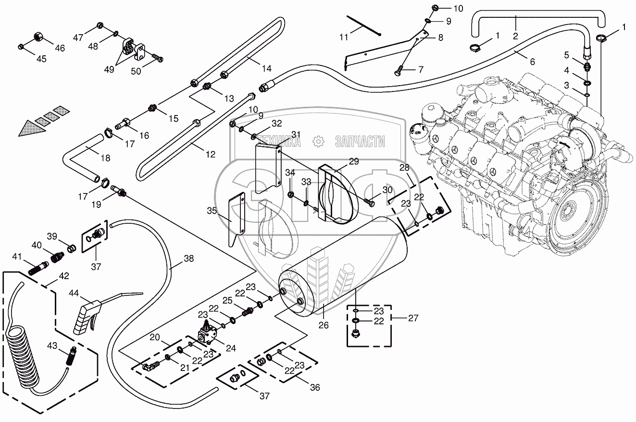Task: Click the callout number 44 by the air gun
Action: pos(74,293)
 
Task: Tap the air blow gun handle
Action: pos(85,318)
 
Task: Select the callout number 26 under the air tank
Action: pos(324,325)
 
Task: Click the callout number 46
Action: pos(60,48)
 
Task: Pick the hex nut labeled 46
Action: pos(38,37)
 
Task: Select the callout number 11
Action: pos(344,37)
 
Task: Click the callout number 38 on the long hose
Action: pos(189,258)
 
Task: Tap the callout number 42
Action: pos(64,276)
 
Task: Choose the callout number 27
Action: pos(413,318)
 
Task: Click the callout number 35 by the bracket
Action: pos(212,211)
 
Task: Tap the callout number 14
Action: pos(267,68)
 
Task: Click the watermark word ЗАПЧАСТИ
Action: pos(360,141)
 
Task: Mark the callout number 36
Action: pos(315,387)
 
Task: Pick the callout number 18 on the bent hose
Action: pos(105,158)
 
